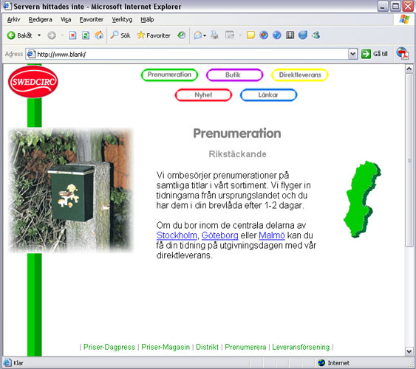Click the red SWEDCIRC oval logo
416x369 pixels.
(33, 82)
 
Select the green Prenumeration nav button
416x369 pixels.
(169, 75)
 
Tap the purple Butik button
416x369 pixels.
(234, 75)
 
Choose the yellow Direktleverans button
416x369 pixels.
(300, 75)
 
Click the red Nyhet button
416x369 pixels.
(203, 94)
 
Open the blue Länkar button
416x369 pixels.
(268, 94)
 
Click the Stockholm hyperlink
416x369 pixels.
(177, 235)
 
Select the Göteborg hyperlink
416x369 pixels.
(219, 235)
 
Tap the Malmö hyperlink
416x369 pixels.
(272, 235)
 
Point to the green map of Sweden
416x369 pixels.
(362, 199)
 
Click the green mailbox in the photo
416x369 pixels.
(71, 193)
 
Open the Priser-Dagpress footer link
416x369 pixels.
(109, 347)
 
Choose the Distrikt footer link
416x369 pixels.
(207, 347)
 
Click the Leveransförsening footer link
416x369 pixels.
(301, 347)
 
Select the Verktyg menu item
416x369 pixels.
(122, 20)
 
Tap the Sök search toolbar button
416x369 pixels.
(120, 35)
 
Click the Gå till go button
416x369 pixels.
(375, 54)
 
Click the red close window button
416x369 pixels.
(409, 6)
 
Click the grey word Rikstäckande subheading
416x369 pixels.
(237, 154)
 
